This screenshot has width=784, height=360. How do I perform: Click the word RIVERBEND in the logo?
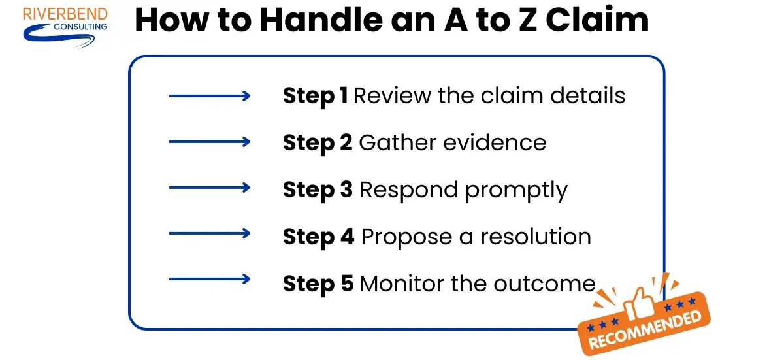[65, 14]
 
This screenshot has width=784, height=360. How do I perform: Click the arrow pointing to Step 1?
[209, 97]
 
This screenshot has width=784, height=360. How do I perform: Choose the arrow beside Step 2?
[209, 142]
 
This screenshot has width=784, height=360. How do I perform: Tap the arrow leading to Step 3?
[209, 188]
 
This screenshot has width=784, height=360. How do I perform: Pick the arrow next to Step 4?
[209, 233]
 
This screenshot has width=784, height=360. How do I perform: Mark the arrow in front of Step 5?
[209, 280]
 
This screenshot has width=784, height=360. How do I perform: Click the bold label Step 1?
[315, 96]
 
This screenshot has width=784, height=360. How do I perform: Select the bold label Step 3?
[318, 189]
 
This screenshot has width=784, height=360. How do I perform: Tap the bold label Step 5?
[318, 284]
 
